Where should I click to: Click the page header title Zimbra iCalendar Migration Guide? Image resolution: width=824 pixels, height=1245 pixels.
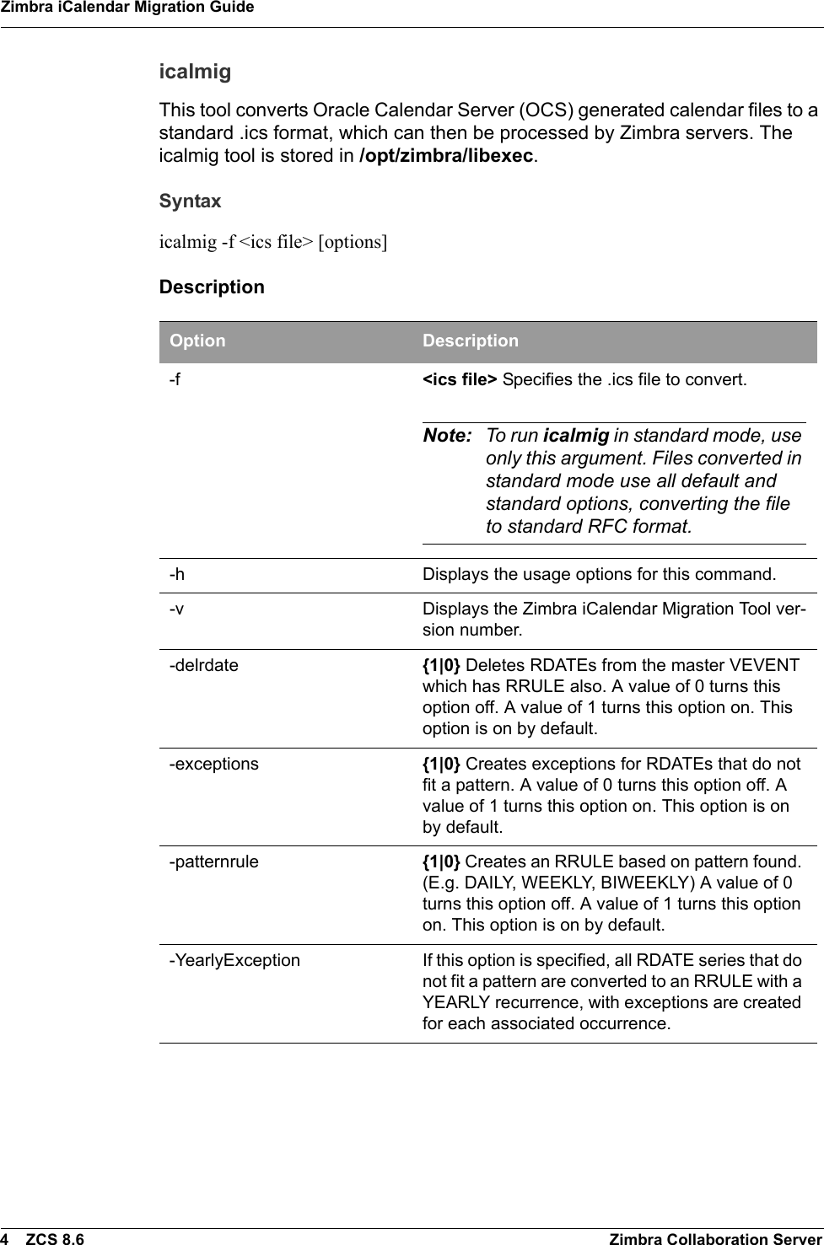point(127,8)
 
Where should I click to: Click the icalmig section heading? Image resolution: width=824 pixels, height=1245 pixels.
point(195,72)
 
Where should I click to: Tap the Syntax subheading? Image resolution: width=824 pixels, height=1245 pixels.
point(191,201)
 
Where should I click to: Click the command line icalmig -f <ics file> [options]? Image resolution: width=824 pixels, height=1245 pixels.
point(273,242)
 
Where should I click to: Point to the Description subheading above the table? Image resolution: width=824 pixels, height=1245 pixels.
point(212,287)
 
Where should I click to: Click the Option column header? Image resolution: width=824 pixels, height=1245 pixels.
point(197,341)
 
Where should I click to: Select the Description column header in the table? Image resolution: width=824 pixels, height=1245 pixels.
point(470,341)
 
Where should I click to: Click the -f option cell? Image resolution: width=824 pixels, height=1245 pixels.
point(175,379)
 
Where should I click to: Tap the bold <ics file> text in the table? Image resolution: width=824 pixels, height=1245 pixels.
point(460,379)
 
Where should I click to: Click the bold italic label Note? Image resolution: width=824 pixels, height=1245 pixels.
point(447,436)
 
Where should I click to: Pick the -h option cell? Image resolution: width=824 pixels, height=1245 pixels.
point(177,575)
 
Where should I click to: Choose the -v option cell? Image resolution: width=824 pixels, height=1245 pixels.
point(176,609)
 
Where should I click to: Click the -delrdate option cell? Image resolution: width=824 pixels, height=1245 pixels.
point(203,665)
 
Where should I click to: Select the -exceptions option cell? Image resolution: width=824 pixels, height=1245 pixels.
point(214,764)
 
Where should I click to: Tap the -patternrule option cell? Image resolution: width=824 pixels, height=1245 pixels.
point(214,862)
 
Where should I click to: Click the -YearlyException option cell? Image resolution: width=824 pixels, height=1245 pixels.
point(234,960)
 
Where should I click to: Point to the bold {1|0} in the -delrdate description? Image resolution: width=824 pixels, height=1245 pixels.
point(441,665)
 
